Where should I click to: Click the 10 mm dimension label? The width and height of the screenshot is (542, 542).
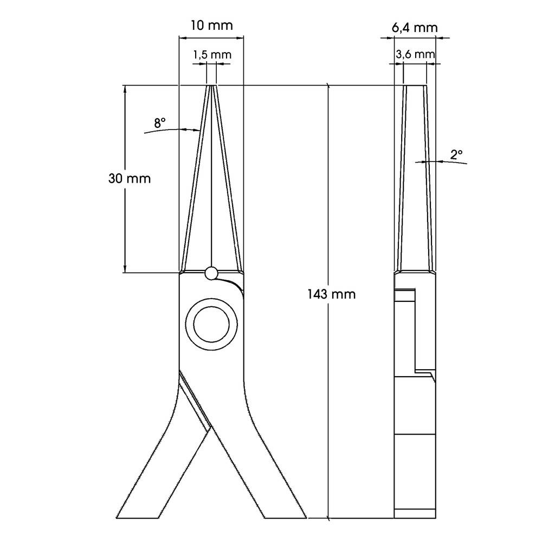point(211,25)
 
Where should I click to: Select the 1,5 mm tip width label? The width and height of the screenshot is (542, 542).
point(211,55)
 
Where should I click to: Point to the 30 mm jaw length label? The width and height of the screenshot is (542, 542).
point(130,178)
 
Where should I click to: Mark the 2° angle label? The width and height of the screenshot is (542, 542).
point(456,154)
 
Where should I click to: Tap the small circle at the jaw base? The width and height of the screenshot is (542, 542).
point(211,274)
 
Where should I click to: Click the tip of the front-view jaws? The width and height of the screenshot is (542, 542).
point(211,86)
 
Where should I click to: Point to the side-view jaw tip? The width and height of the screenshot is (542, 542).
point(415,86)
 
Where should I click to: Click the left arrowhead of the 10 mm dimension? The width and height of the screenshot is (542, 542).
point(182,38)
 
